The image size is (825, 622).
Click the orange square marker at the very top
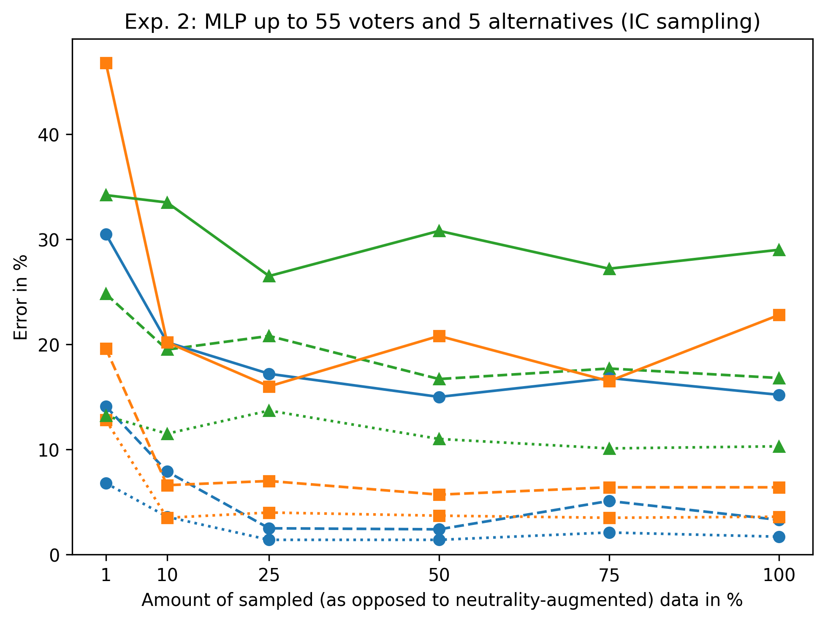[x=106, y=63]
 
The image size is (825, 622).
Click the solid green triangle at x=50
[x=439, y=231]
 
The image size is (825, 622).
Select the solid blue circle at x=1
[x=106, y=234]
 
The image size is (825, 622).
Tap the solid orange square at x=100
[x=779, y=315]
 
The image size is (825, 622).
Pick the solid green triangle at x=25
[x=269, y=277]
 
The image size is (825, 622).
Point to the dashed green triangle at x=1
[x=106, y=294]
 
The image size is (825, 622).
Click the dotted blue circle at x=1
[x=106, y=483]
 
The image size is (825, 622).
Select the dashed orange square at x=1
[x=106, y=349]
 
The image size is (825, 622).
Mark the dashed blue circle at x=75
[x=609, y=501]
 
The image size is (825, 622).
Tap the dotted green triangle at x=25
[x=269, y=411]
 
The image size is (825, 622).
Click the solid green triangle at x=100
[x=779, y=250]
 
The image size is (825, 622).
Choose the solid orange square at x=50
[x=439, y=336]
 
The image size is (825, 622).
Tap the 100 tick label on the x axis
[x=779, y=575]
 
